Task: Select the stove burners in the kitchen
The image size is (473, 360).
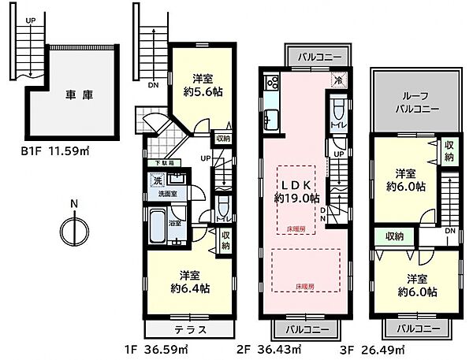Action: tap(272, 82)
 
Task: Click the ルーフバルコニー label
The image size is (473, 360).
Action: tap(412, 97)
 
